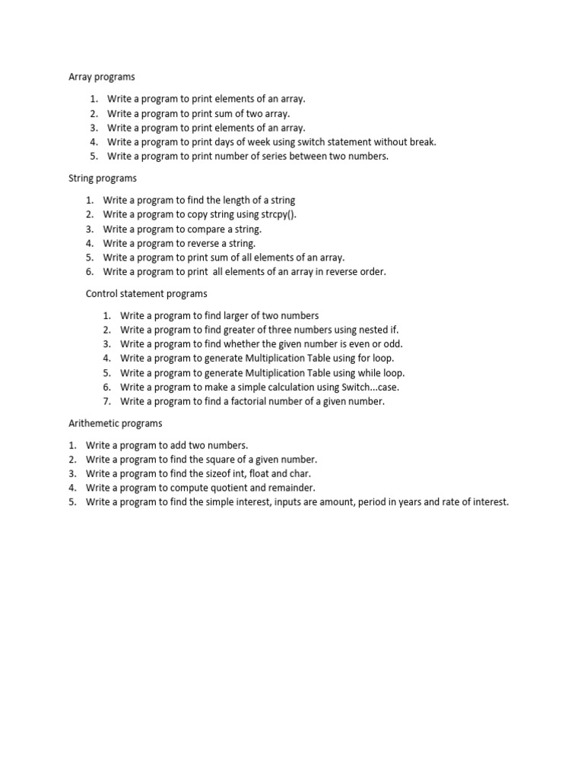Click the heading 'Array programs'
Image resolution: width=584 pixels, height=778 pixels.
pyautogui.click(x=102, y=77)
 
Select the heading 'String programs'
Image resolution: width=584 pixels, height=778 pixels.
pyautogui.click(x=103, y=179)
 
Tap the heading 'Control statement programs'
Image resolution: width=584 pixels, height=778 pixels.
pyautogui.click(x=146, y=293)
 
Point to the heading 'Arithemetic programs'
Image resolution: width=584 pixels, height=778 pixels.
pyautogui.click(x=115, y=423)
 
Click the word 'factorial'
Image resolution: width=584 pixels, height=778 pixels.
pyautogui.click(x=259, y=402)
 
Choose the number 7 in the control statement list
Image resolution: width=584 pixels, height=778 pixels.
pyautogui.click(x=107, y=402)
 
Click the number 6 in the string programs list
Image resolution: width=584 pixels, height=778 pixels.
pyautogui.click(x=89, y=272)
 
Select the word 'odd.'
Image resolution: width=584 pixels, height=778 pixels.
pyautogui.click(x=392, y=344)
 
